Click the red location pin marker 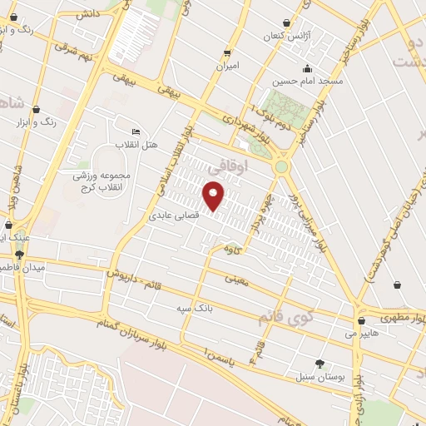(x=214, y=196)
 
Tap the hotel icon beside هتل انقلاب (x=136, y=131)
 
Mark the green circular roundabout (x=282, y=166)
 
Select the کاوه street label (x=232, y=249)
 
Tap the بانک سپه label (x=190, y=309)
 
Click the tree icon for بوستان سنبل (x=319, y=364)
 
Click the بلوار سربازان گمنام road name (x=159, y=327)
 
